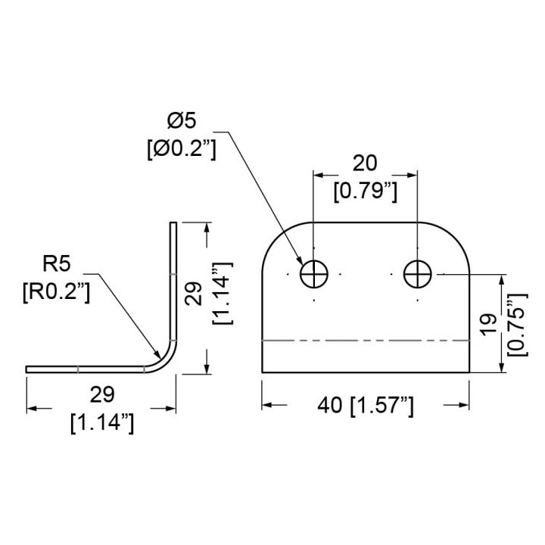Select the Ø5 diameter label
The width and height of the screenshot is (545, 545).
[182, 121]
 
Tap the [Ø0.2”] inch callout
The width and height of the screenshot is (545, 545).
[182, 149]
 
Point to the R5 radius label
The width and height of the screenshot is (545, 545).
[56, 263]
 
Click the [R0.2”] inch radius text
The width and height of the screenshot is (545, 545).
[56, 292]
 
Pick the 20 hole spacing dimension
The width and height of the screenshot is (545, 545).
[365, 163]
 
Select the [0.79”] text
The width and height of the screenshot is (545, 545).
[366, 192]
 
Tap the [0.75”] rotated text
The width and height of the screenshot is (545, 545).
[518, 325]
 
